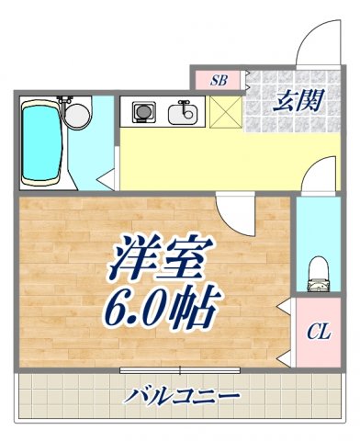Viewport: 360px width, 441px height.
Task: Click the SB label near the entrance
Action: click(219, 80)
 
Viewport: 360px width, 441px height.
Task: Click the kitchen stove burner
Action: click(143, 112)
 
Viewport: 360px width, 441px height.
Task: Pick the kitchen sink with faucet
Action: click(183, 114)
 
